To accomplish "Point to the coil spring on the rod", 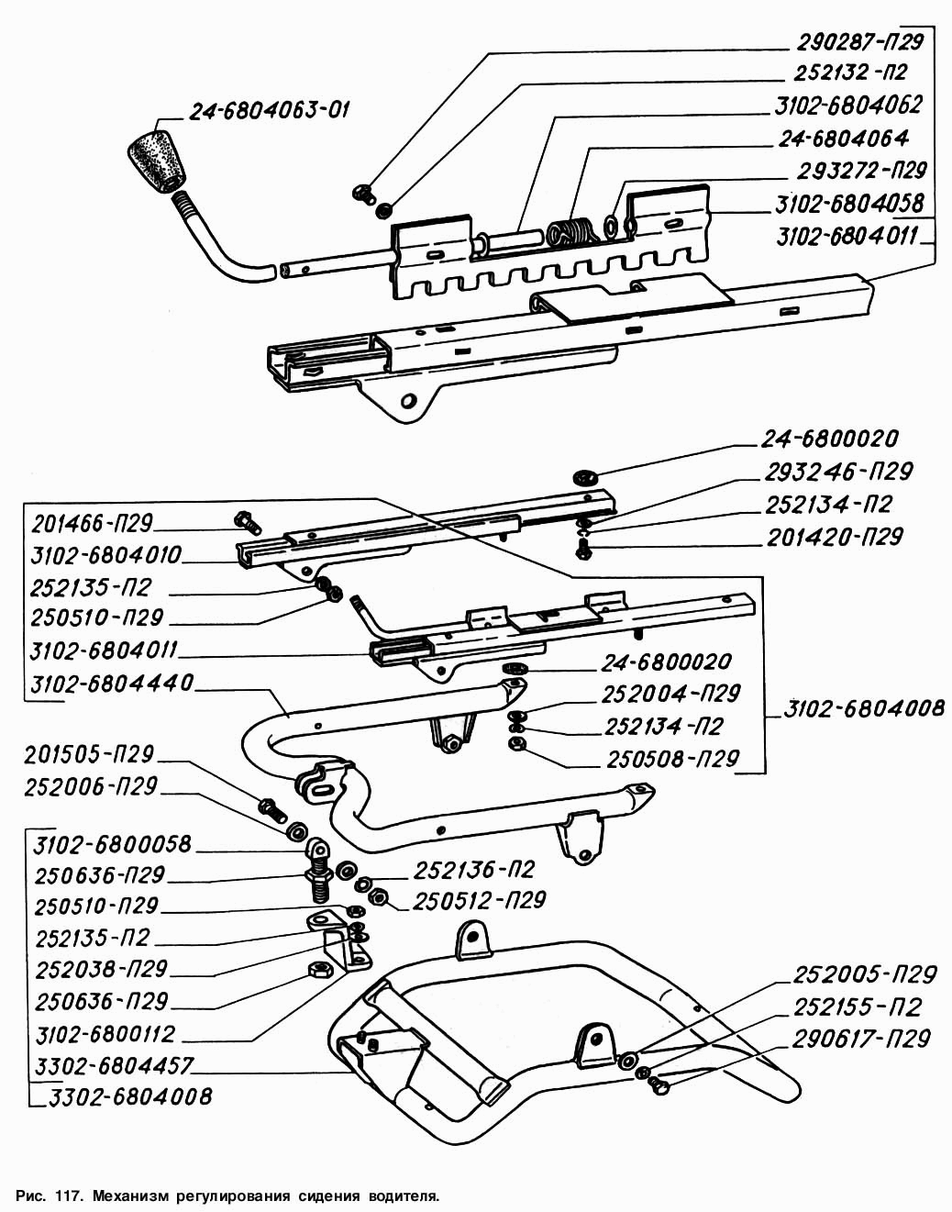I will (570, 233).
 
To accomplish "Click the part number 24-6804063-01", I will (270, 112).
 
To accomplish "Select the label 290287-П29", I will (858, 40).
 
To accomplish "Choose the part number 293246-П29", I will (838, 472).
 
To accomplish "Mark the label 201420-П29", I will (835, 537).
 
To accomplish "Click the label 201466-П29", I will (92, 524).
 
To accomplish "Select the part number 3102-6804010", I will (105, 556).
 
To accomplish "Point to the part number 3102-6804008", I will (863, 708).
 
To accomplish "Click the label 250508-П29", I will (672, 760).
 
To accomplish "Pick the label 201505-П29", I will (91, 755).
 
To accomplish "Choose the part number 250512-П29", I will (480, 901).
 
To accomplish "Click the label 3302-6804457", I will (114, 1066).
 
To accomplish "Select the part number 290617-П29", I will (862, 1039).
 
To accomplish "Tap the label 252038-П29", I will (101, 969).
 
